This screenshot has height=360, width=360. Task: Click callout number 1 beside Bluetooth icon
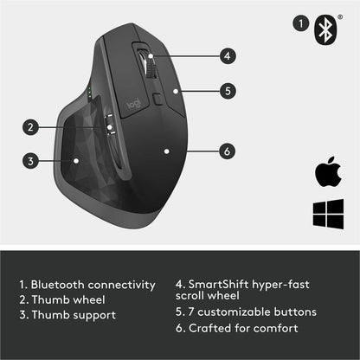[x=300, y=25]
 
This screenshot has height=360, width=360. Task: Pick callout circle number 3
[x=30, y=160]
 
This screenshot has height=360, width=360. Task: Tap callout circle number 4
[x=227, y=56]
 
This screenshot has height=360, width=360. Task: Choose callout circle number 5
[x=227, y=88]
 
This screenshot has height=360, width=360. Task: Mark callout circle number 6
[x=227, y=151]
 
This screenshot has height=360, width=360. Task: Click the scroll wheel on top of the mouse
[x=150, y=65]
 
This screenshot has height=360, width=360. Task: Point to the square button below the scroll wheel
[x=158, y=98]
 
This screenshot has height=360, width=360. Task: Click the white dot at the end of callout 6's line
[x=165, y=150]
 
